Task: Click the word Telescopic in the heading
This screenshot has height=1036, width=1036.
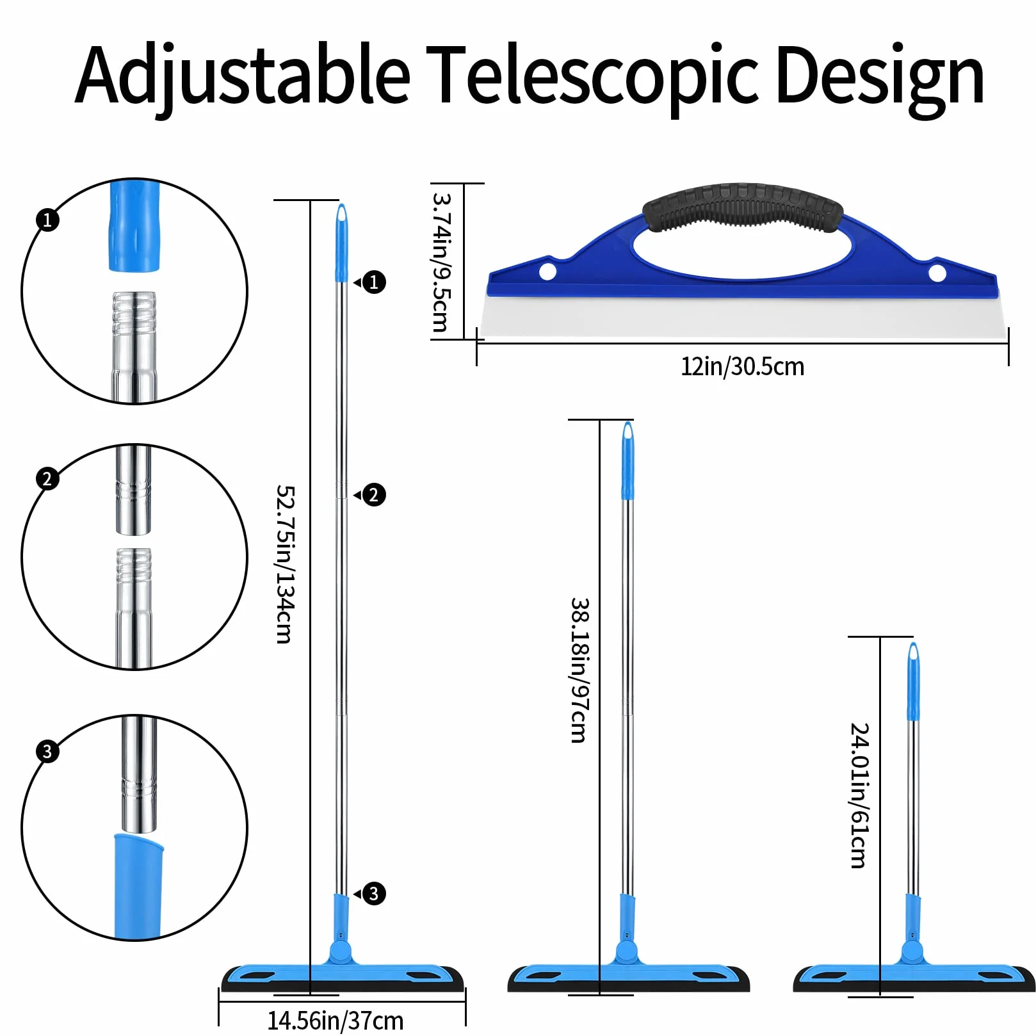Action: click(592, 76)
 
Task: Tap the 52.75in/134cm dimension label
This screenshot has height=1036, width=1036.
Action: click(285, 563)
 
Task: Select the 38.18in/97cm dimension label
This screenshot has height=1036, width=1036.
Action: click(580, 670)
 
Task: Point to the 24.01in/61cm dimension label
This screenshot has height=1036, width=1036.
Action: click(860, 795)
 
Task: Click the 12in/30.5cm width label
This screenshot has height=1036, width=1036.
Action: click(742, 367)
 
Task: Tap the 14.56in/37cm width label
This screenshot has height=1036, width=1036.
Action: click(336, 1021)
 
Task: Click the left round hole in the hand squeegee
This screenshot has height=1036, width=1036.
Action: click(547, 271)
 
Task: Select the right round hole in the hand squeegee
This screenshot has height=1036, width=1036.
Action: click(937, 273)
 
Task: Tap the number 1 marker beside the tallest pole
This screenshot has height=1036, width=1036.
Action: click(374, 282)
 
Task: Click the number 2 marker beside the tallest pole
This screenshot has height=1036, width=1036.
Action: click(374, 494)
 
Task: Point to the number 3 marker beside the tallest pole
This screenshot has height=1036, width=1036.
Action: click(374, 893)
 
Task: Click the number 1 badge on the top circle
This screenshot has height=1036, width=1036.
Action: click(47, 220)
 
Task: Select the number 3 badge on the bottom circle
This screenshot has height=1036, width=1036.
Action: click(47, 750)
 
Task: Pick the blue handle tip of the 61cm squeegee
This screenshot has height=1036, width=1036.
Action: click(913, 681)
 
